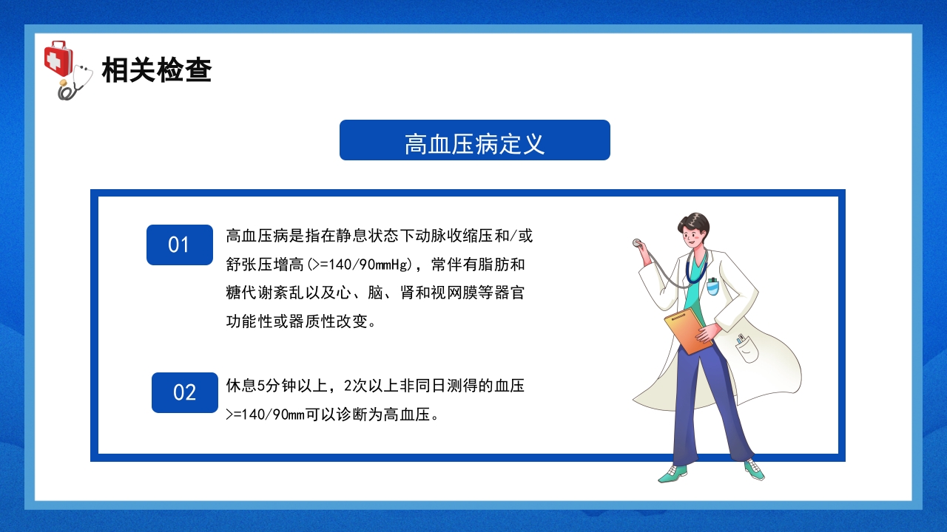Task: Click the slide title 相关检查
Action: click(157, 70)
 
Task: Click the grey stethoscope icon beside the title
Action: click(76, 83)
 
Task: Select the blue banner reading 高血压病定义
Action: click(474, 140)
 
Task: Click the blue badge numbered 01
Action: click(179, 245)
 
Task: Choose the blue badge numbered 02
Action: click(184, 392)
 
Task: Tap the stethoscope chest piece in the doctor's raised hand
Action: click(636, 242)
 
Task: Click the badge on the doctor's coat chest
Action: click(712, 286)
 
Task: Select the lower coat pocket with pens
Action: click(746, 347)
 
